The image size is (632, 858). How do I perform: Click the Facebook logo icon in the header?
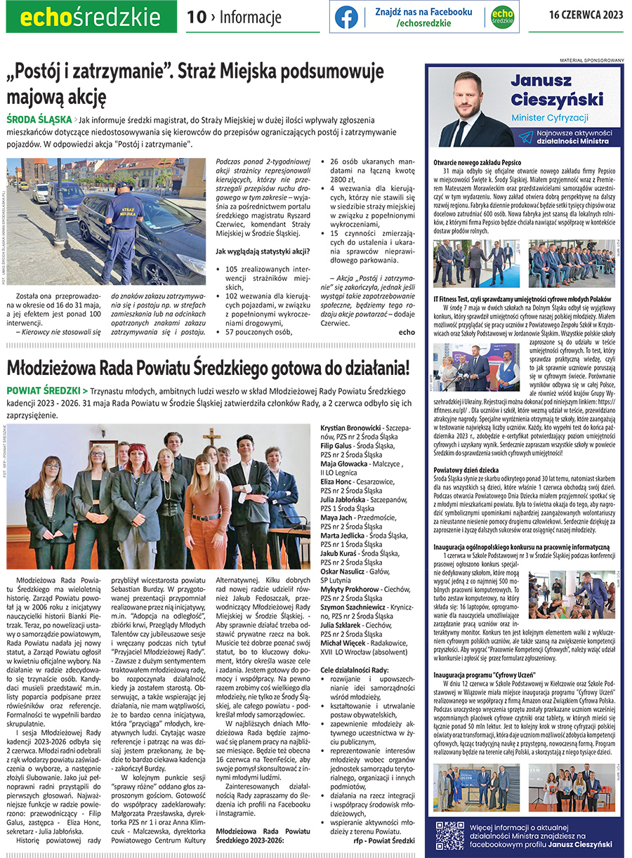pos(346,18)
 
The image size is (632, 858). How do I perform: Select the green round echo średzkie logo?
pos(501,18)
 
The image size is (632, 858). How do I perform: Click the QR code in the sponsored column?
pos(449,835)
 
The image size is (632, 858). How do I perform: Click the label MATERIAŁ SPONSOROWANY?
pos(591,60)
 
